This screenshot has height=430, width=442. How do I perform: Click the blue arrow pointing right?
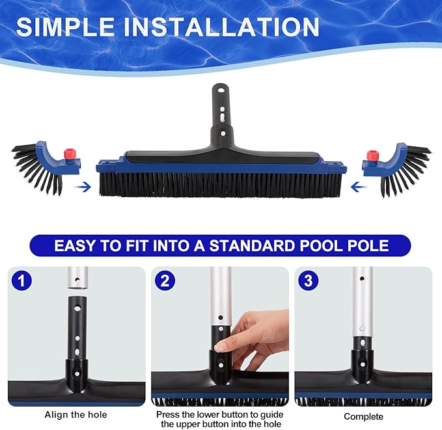(83, 187)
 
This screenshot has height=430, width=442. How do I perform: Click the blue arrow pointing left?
(357, 187)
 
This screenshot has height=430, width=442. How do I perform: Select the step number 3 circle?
(307, 280)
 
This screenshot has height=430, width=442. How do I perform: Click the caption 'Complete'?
(363, 416)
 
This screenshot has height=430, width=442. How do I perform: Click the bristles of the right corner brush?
(407, 169)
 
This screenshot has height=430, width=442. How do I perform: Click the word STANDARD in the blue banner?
(239, 247)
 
